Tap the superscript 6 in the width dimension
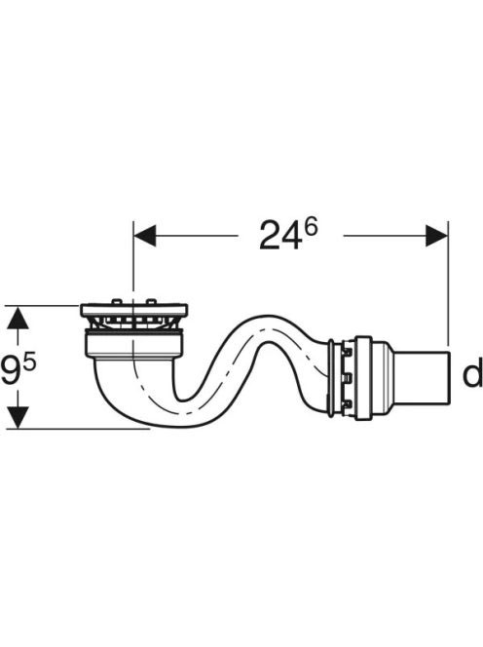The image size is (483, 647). [x=311, y=227]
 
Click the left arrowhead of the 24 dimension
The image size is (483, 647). [x=144, y=236]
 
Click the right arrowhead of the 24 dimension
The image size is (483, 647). [x=436, y=236]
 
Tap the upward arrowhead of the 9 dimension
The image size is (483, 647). [x=18, y=318]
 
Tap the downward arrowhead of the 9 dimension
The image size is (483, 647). [x=18, y=417]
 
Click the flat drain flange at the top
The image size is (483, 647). [x=134, y=310]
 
